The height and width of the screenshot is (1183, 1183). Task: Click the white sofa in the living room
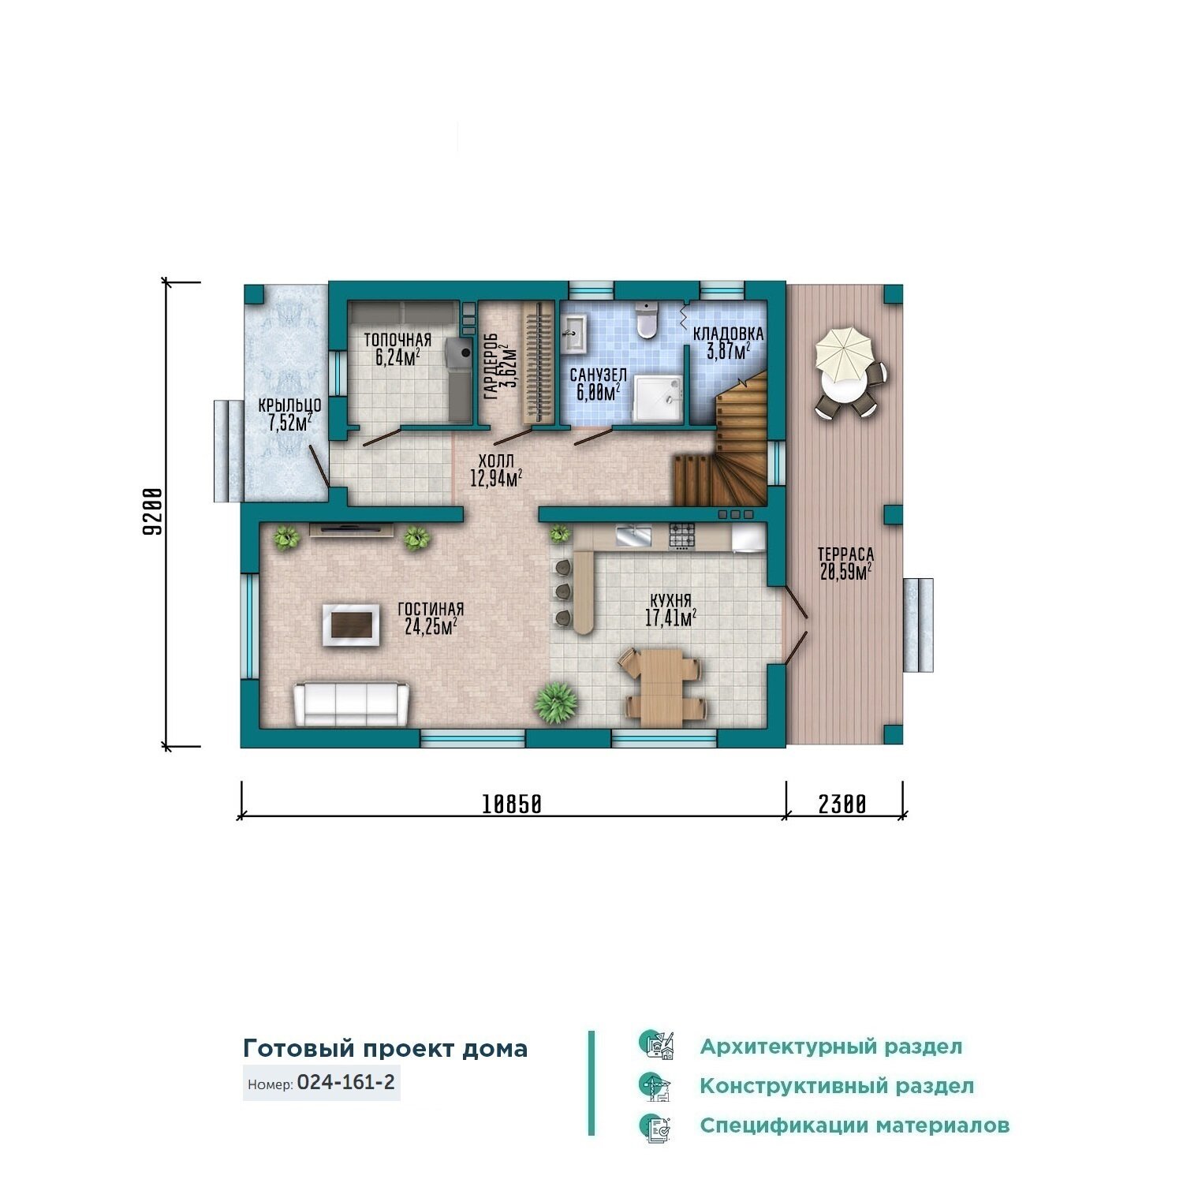(352, 704)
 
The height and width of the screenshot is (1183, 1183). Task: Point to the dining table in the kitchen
(661, 686)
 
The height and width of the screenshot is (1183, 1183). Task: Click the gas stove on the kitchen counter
(682, 536)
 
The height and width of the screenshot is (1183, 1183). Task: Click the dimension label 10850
(512, 804)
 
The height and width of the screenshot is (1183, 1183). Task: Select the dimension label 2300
(842, 804)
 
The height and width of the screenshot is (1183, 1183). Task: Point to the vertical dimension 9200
(153, 512)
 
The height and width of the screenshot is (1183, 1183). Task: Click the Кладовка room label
(728, 334)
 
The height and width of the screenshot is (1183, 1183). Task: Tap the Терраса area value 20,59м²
(845, 572)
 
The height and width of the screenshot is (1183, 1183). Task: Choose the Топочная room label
(397, 340)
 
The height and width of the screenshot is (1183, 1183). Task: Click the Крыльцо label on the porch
(289, 405)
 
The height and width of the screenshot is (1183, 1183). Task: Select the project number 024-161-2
(345, 1082)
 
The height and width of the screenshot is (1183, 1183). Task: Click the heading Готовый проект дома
(385, 1048)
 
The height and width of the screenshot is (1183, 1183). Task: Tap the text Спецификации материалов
(854, 1125)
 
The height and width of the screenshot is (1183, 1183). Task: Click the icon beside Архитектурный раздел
(656, 1046)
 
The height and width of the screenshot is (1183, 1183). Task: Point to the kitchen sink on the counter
(633, 536)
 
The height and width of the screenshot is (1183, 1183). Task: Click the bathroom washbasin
(573, 332)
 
